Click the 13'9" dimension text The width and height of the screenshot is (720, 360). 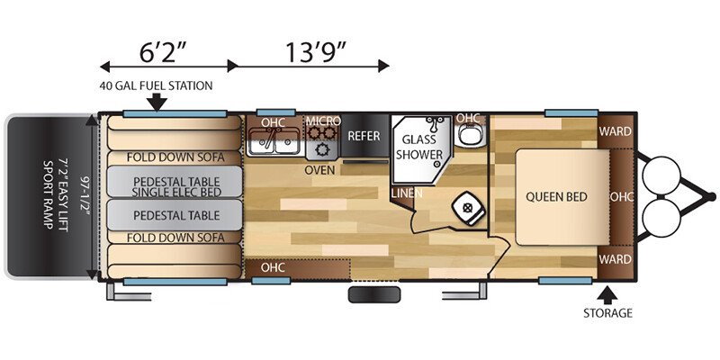tap(315, 52)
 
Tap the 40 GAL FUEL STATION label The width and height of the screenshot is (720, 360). tap(156, 85)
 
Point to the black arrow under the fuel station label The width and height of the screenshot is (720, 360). tap(157, 102)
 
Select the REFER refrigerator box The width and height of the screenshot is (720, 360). tap(364, 136)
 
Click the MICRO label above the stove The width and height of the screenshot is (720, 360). tap(323, 121)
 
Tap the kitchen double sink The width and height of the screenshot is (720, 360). tap(274, 141)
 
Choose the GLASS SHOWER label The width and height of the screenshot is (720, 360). tap(419, 147)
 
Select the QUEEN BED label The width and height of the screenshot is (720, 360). tap(556, 197)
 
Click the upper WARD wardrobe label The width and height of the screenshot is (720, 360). tap(615, 131)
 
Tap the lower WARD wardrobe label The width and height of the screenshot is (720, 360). tap(615, 259)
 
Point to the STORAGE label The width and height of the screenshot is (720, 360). tap(607, 313)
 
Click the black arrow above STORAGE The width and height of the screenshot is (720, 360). tap(607, 295)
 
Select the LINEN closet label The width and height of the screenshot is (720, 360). tap(407, 193)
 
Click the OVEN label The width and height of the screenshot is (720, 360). tap(319, 170)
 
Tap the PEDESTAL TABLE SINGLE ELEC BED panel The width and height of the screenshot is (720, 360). tap(175, 182)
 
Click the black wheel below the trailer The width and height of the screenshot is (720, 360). tap(374, 294)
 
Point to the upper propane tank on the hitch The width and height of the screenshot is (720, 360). tap(661, 175)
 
